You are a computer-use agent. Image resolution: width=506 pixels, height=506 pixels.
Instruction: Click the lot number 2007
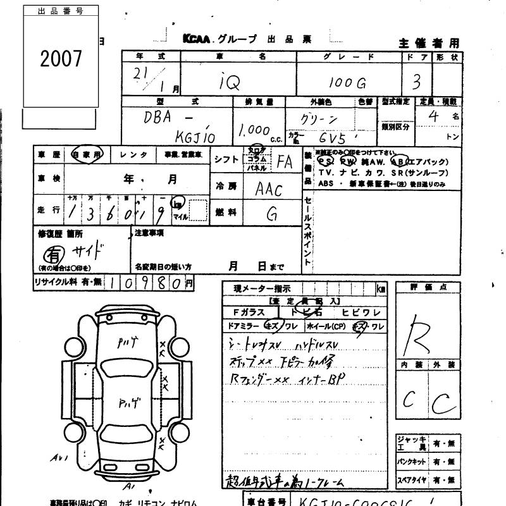coord(61,59)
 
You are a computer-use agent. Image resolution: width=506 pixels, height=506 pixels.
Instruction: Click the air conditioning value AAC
coord(268,188)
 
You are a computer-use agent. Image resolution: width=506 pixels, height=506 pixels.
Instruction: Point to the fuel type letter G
coord(271,214)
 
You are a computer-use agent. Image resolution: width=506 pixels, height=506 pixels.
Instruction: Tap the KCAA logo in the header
coord(198,39)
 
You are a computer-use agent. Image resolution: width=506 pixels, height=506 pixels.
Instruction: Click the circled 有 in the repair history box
coord(49,254)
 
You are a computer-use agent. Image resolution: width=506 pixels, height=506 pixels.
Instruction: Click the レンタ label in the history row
coord(134,154)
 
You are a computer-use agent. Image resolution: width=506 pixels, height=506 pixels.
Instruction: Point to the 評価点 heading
coord(428,288)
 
